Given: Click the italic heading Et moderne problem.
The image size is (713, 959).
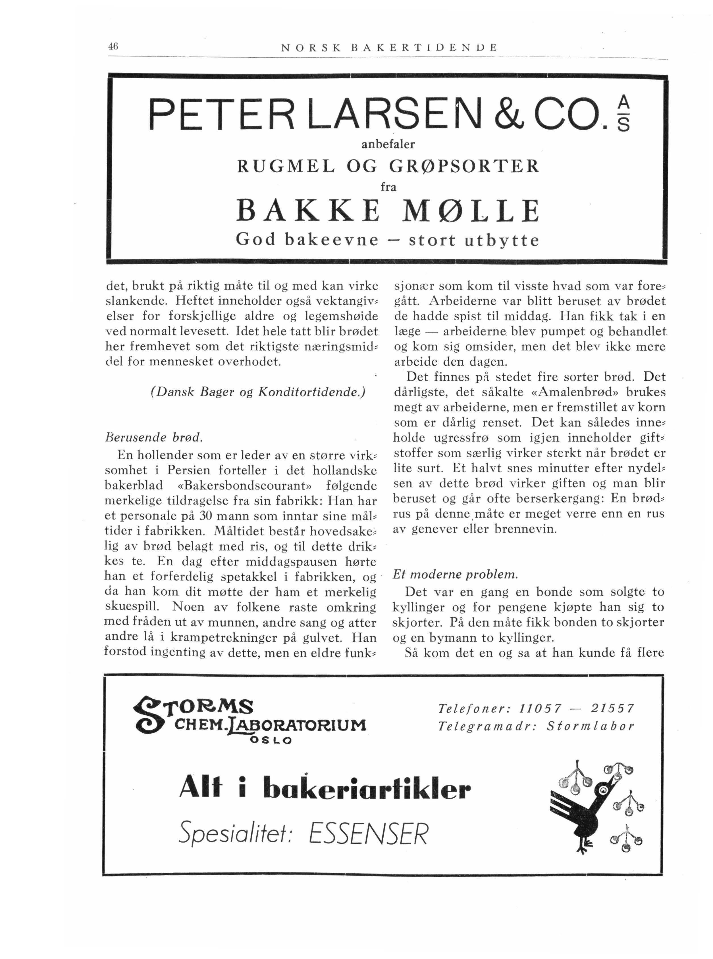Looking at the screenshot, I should click(455, 574).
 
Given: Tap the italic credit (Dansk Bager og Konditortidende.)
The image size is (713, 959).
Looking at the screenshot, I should click(258, 392).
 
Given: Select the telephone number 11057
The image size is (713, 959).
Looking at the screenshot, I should click(541, 709).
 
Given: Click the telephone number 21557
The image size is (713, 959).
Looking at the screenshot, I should click(613, 709).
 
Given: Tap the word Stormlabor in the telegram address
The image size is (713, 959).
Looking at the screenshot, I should click(591, 726).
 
